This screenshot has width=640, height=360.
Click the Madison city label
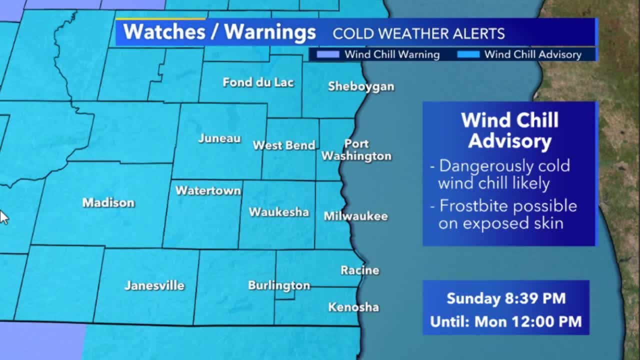tap(108, 202)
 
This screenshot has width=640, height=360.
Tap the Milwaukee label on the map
tap(355, 216)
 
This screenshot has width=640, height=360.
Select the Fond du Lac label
tap(258, 82)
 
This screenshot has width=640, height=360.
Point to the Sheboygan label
tap(361, 86)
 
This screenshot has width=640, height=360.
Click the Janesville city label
tap(154, 285)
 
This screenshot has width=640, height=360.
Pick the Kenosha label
tap(353, 307)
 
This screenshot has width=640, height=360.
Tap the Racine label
tap(360, 270)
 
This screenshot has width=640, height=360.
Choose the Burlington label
tap(279, 285)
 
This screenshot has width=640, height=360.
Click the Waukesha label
tap(279, 212)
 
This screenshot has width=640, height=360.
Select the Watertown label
tap(208, 190)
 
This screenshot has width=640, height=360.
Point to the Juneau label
tap(219, 138)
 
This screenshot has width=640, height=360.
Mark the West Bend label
tap(284, 145)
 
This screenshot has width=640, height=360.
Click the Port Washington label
tap(356, 150)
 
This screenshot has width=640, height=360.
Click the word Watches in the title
tap(164, 32)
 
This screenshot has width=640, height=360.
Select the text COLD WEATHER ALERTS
tap(418, 33)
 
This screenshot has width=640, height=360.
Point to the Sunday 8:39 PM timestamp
tap(506, 298)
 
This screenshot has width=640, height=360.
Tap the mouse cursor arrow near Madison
tap(3, 217)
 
